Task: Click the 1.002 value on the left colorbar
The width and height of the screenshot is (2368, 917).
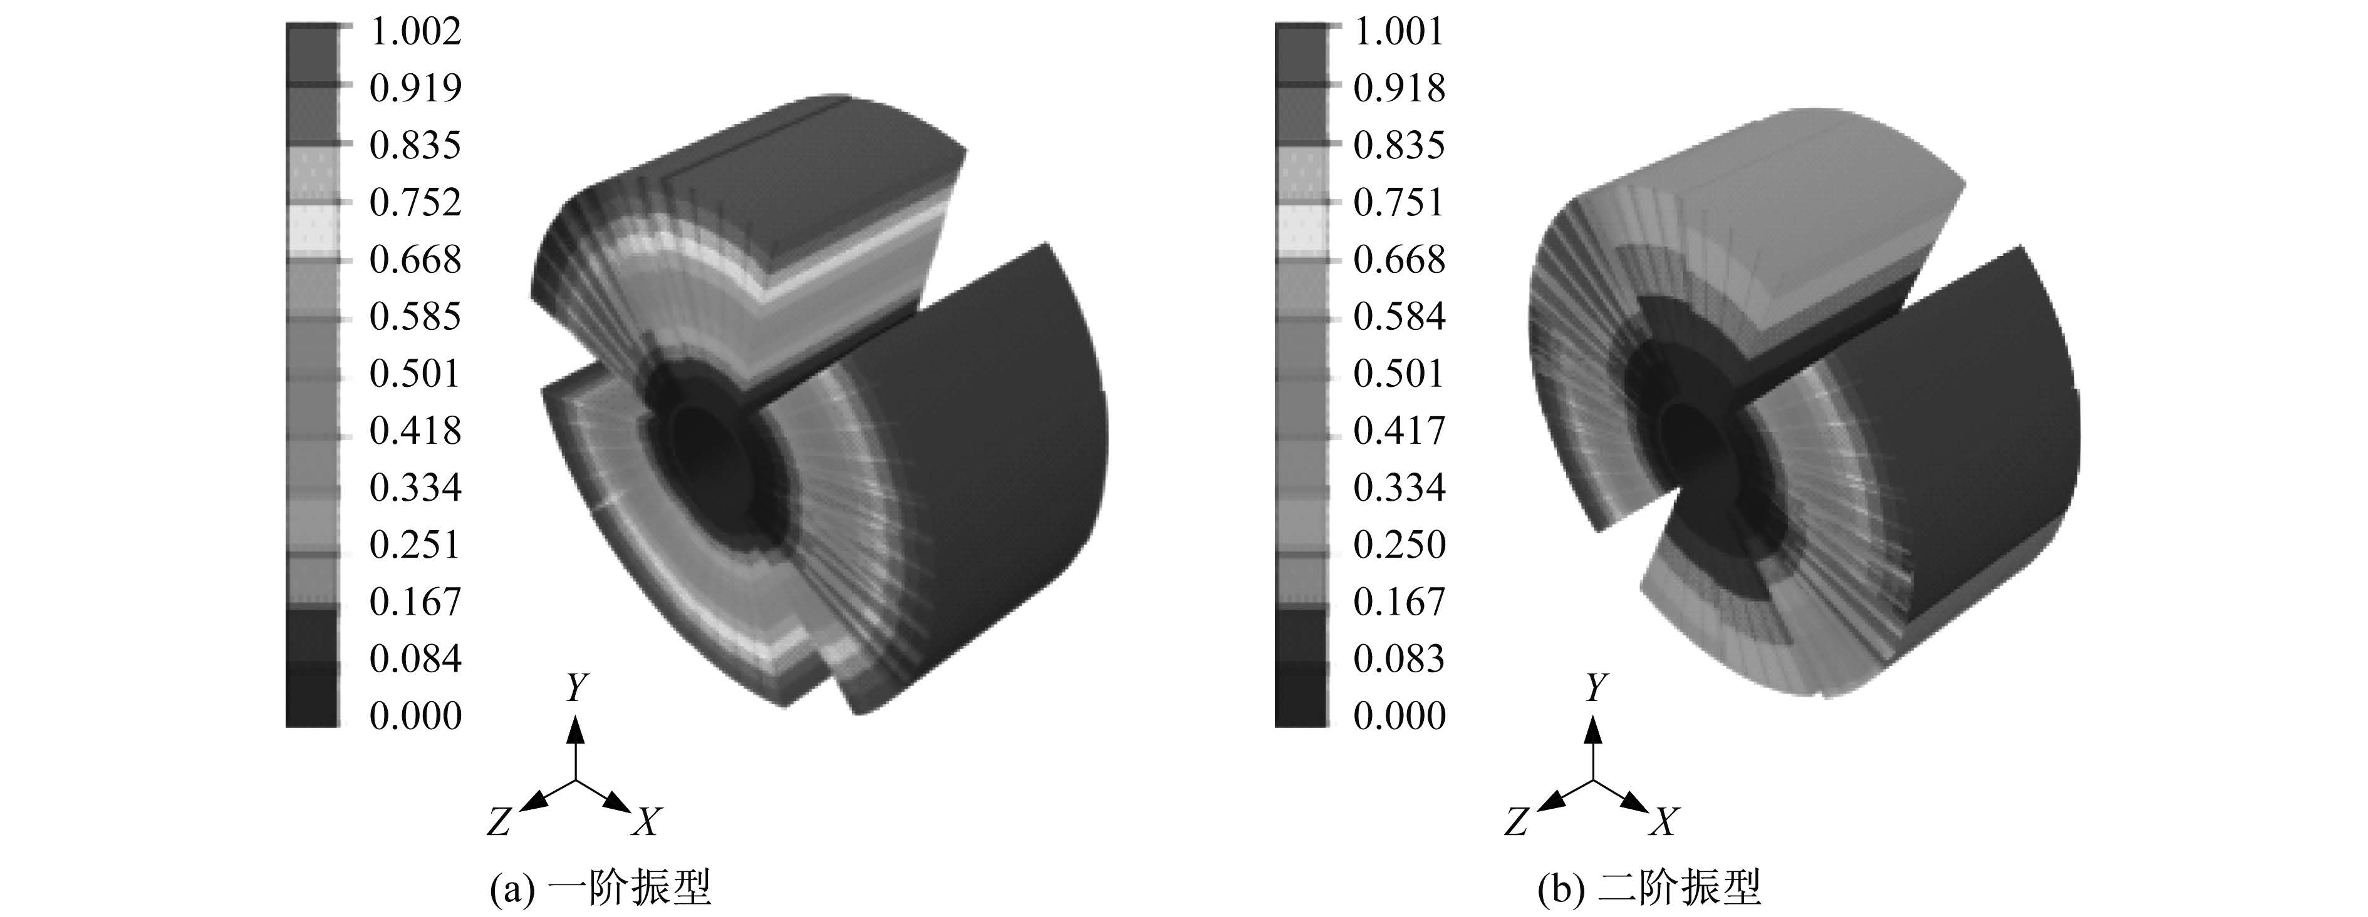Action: click(x=415, y=31)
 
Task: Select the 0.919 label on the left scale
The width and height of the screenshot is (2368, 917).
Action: click(x=415, y=88)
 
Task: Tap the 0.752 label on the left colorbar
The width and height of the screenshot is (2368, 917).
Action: click(x=415, y=202)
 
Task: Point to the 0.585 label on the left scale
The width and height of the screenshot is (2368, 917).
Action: click(x=415, y=316)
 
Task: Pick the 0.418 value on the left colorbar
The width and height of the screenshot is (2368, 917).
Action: click(x=415, y=430)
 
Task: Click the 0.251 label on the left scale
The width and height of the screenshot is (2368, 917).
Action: click(x=415, y=545)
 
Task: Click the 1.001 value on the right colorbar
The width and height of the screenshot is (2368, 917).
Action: click(x=1399, y=31)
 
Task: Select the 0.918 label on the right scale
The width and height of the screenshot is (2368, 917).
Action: click(x=1399, y=88)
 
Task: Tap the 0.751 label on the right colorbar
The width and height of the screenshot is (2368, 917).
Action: click(x=1399, y=202)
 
